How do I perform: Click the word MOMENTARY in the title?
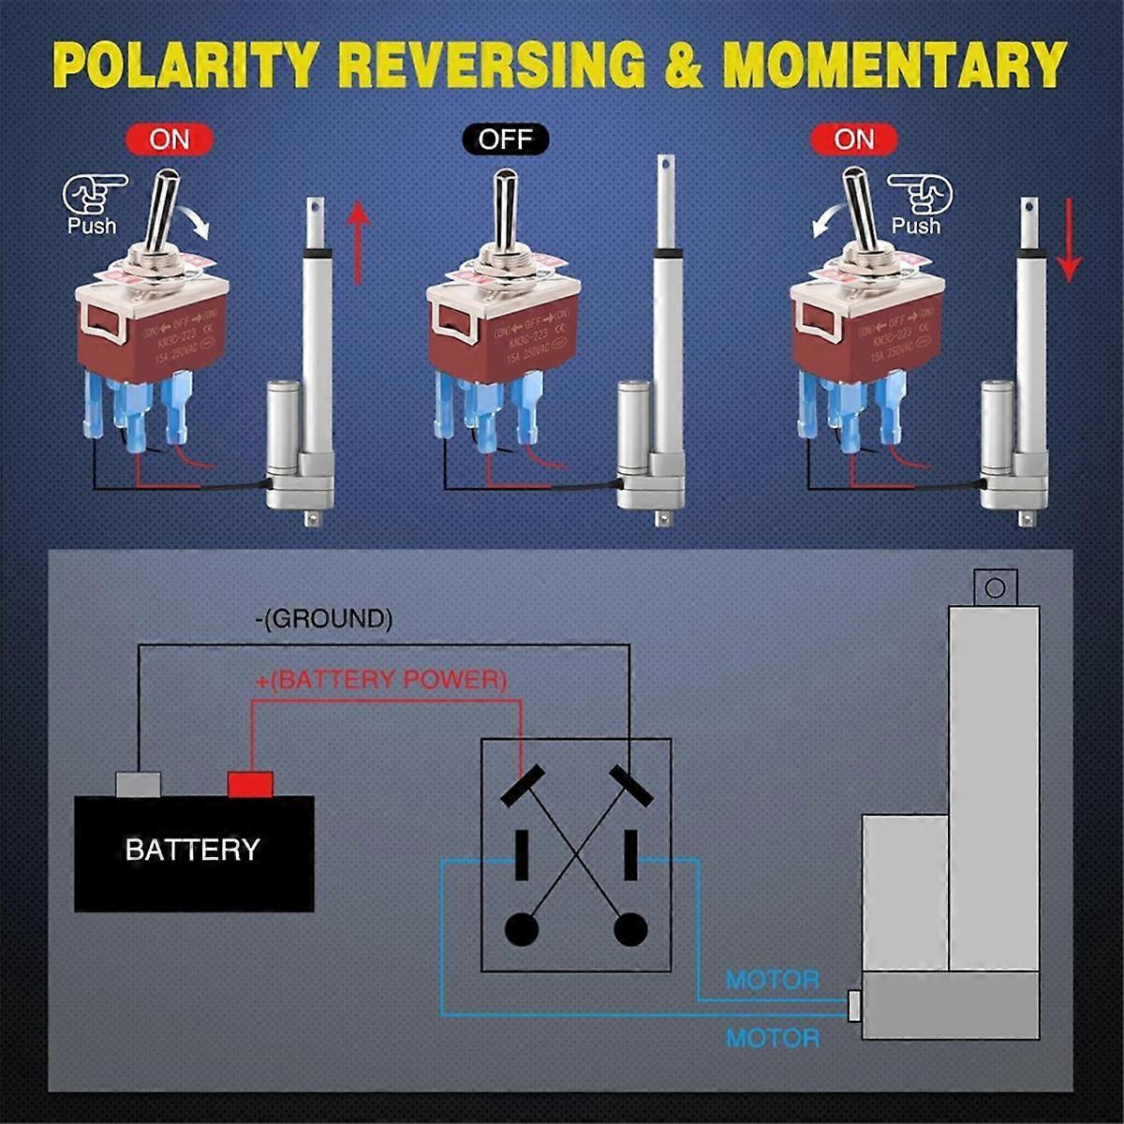895,65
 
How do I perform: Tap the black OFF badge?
505,140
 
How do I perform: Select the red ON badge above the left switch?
170,140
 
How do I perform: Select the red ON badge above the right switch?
853,140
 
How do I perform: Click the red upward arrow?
359,244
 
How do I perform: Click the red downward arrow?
1069,244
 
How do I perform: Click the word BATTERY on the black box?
192,850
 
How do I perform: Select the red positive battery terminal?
250,784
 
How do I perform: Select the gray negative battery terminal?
138,784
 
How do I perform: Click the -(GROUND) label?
323,618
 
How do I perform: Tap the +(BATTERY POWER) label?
380,679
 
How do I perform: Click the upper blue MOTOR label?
772,980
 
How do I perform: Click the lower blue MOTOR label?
772,1038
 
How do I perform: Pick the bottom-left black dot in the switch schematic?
522,929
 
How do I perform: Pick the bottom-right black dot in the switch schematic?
630,929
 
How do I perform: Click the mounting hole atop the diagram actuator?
995,588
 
